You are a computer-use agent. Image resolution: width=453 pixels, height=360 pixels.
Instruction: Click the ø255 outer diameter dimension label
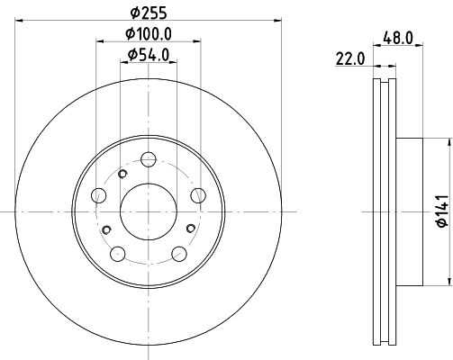pyautogui.click(x=149, y=13)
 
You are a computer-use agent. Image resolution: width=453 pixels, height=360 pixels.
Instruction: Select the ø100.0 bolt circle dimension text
pyautogui.click(x=149, y=33)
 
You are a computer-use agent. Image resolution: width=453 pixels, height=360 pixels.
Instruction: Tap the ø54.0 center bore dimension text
pyautogui.click(x=149, y=55)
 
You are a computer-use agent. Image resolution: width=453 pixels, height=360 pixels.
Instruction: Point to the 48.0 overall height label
pyautogui.click(x=398, y=38)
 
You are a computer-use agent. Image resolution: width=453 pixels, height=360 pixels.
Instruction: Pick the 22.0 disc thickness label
pyautogui.click(x=350, y=58)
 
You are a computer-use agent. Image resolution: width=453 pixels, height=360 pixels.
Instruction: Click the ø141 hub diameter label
pyautogui.click(x=442, y=211)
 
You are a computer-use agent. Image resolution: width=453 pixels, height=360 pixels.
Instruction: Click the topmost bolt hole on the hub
pyautogui.click(x=149, y=159)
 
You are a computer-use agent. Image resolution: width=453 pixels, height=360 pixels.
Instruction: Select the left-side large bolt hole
pyautogui.click(x=98, y=195)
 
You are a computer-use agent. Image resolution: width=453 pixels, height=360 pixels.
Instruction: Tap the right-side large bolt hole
pyautogui.click(x=198, y=195)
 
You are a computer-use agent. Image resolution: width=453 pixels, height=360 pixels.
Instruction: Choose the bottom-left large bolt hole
pyautogui.click(x=118, y=254)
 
